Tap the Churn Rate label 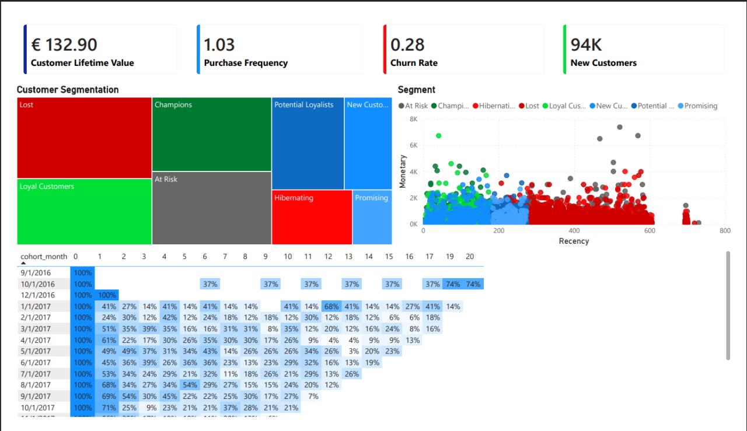point(414,63)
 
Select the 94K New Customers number point(586,44)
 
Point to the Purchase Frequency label point(246,63)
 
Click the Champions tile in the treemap point(211,134)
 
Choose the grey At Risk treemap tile point(211,208)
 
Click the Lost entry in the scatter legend point(532,106)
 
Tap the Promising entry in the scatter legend point(700,106)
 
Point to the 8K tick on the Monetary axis point(413,119)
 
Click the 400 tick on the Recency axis point(574,231)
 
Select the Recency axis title point(574,241)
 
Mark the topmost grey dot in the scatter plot point(619,127)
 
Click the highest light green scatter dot point(438,136)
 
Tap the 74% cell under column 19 point(452,284)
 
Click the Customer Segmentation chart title point(68,90)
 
